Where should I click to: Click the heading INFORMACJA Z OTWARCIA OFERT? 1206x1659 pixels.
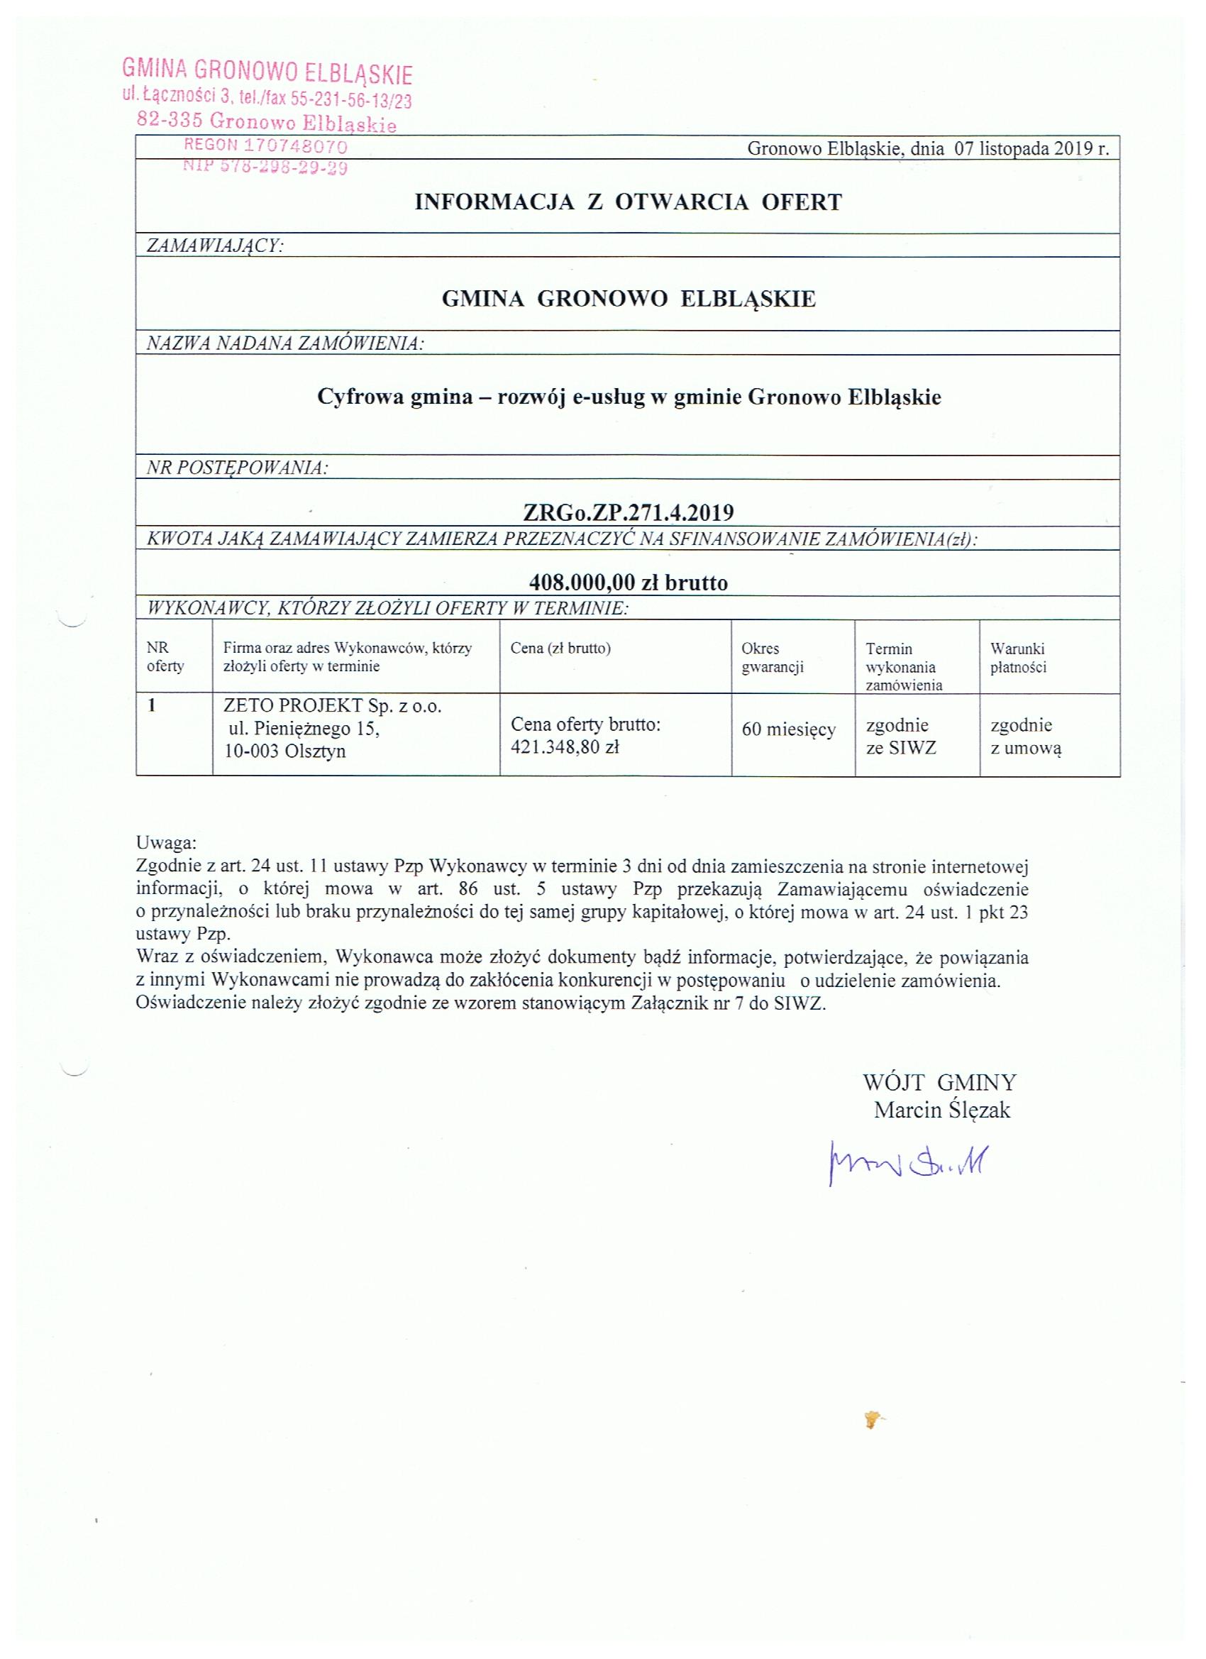point(629,202)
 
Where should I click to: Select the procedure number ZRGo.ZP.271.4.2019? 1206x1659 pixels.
point(629,512)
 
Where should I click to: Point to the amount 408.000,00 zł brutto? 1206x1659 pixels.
point(629,583)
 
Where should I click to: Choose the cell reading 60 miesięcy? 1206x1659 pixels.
point(788,729)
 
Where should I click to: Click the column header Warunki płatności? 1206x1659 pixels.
point(1018,658)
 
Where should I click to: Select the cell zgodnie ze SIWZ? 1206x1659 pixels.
point(901,737)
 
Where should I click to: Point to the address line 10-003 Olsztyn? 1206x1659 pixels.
point(285,751)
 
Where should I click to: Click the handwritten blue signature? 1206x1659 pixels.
point(907,1161)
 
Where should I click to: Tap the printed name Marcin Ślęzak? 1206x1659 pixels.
point(941,1110)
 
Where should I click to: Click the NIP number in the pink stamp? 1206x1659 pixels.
point(265,167)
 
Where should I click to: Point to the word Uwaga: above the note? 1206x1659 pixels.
point(166,842)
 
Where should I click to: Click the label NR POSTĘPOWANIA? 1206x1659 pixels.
point(238,468)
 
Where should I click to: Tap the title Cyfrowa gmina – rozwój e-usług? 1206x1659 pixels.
point(629,397)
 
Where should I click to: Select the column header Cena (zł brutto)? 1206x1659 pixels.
point(560,648)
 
